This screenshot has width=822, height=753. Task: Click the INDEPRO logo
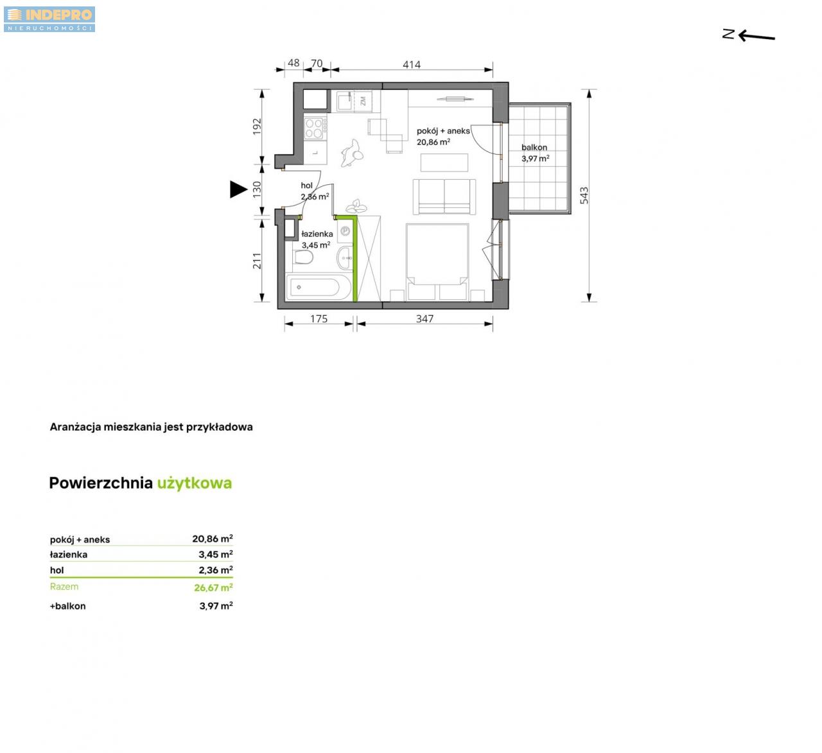tap(49, 19)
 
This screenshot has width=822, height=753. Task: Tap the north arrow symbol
tap(748, 35)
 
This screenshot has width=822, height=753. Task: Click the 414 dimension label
tap(412, 65)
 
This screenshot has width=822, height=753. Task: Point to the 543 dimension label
tap(584, 195)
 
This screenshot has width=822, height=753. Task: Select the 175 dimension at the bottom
tap(319, 319)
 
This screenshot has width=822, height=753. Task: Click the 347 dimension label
tap(424, 319)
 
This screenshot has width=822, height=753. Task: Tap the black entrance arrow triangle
tap(238, 189)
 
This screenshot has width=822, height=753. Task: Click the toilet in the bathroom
tap(304, 257)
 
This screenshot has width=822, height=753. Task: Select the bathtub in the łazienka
tap(319, 287)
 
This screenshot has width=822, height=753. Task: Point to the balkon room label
tap(534, 148)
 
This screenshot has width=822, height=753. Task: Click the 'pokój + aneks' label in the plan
tap(443, 131)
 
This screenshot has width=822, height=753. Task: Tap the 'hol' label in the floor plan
tap(306, 186)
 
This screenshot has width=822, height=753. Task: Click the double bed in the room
tap(437, 262)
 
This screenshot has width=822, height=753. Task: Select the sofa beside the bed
tap(444, 196)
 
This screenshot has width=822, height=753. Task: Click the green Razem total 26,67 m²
tap(213, 587)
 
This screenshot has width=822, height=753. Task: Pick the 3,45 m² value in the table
tap(216, 554)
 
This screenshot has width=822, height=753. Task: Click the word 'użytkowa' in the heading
tap(195, 483)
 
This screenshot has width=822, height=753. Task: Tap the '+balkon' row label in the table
tap(67, 607)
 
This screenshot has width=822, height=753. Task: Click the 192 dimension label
tap(256, 126)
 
